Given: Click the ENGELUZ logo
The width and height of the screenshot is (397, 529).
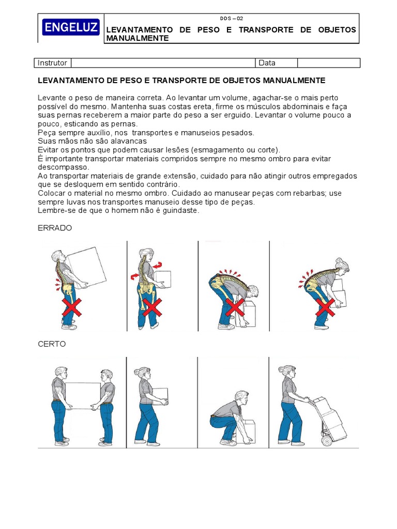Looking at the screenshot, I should pos(71,28).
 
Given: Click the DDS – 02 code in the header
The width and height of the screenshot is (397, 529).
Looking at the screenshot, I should pos(231,18).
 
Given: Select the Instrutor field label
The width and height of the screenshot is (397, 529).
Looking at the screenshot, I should pos(52,63).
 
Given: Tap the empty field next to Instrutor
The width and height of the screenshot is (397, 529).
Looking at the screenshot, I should pos(163,63).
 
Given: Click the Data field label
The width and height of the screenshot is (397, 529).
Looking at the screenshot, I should pos(267,63).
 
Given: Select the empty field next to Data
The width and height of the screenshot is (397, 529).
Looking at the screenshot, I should pos(329,63).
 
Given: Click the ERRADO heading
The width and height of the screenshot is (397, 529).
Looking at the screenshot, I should pos(55,228).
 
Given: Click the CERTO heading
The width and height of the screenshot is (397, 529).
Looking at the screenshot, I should pos(52,344).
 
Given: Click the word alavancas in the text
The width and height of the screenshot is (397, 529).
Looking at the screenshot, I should pos(128,141).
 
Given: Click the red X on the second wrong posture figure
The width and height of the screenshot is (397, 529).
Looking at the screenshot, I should pos(152,308).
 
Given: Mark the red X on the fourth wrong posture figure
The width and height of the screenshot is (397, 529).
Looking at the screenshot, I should pos(325,308).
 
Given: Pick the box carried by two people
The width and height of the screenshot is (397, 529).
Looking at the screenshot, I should pos(82,396).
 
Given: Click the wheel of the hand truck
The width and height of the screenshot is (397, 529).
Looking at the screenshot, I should pos(326,441).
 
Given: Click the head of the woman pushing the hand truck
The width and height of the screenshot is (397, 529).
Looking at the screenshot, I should pos(286,372).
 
